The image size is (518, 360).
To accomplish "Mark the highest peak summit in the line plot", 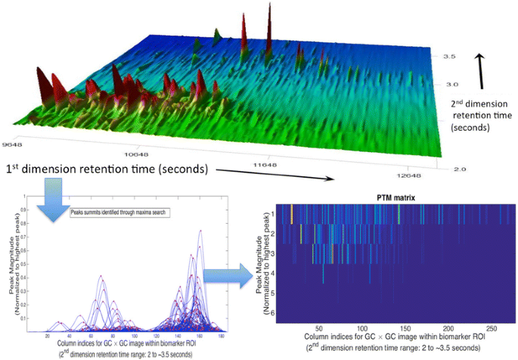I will tap(200, 231).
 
